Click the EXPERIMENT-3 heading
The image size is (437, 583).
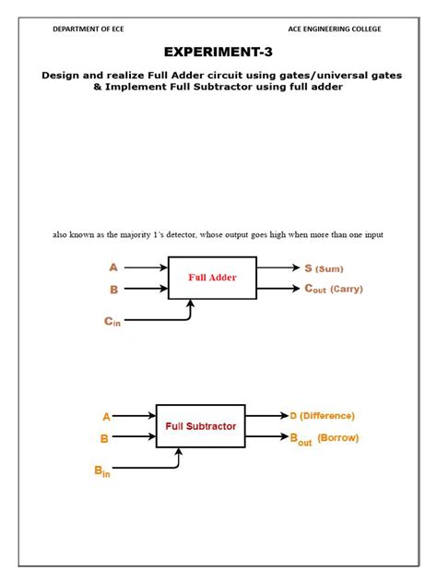click(x=218, y=52)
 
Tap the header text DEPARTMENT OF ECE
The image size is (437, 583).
click(x=89, y=30)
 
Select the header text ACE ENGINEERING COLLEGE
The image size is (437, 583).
click(x=334, y=30)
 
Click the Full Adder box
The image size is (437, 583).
click(x=212, y=277)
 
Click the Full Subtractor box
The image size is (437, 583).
click(x=200, y=426)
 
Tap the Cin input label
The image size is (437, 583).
click(x=112, y=321)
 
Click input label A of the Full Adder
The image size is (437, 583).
click(x=113, y=268)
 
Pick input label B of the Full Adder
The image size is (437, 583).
click(x=113, y=289)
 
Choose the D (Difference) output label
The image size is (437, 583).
click(x=322, y=416)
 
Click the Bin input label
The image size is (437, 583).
click(x=102, y=471)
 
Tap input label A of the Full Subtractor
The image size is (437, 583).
click(x=106, y=417)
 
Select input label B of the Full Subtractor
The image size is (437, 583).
click(x=105, y=439)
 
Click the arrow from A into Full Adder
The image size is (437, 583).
click(x=145, y=268)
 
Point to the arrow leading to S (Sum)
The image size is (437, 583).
click(x=278, y=268)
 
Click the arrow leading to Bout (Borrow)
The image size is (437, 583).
click(x=266, y=437)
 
